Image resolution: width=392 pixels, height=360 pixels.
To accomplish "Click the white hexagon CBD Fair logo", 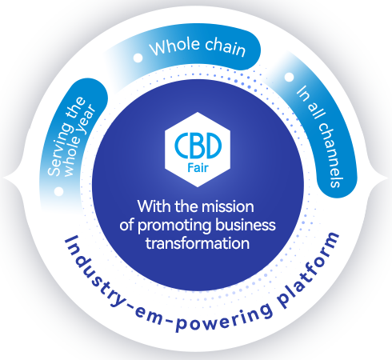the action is (198, 150).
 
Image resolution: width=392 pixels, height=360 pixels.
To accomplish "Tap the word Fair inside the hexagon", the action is (198, 168).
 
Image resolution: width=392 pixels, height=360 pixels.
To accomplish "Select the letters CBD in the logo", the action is (198, 146).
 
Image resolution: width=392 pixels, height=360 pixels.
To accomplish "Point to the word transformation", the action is (198, 243).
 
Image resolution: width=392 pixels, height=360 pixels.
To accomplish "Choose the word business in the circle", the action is (246, 225).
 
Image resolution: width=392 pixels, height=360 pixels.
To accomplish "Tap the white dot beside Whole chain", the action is (138, 58).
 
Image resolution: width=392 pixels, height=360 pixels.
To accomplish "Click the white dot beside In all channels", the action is (289, 77).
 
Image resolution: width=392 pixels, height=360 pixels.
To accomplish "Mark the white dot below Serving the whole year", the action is (58, 191).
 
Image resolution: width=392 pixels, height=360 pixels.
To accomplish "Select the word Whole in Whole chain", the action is (175, 47).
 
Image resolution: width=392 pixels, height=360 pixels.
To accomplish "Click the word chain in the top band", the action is (225, 48).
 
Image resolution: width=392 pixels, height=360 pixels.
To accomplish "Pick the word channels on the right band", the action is (330, 155).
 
